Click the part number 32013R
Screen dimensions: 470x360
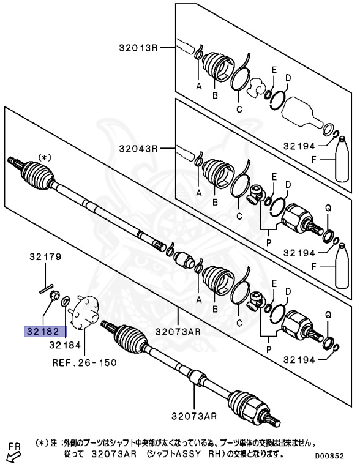click(138, 47)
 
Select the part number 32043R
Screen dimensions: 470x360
click(138, 148)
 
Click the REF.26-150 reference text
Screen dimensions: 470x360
click(84, 362)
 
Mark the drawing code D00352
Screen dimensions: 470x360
click(334, 456)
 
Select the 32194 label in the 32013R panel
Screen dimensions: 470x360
click(299, 146)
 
